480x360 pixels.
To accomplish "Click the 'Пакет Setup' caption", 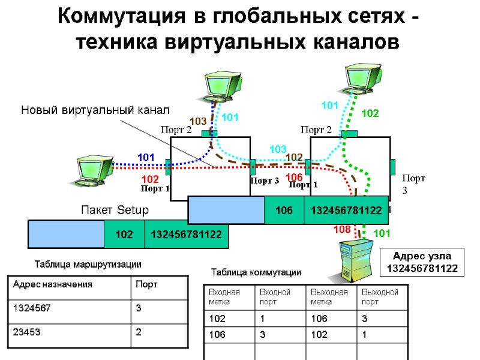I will point(114,211).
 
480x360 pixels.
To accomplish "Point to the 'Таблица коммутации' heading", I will point(256,272).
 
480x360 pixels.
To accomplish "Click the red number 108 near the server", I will point(341,229).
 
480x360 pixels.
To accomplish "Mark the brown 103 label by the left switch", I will point(198,122).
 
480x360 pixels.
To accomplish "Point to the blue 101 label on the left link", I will point(146,157).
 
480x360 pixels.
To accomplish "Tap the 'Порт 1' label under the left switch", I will point(155,189).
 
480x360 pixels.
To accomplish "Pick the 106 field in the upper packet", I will point(284,210).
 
